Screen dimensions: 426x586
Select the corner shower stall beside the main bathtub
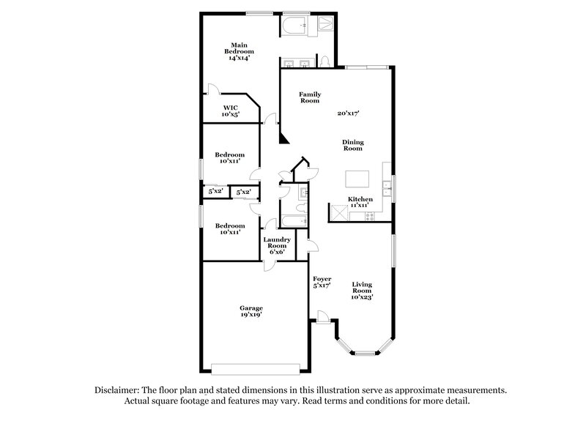pos(322,27)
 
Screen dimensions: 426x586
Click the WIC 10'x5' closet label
pos(231,111)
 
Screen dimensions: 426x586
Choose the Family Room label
pos(309,97)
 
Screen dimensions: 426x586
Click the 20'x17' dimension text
pos(348,113)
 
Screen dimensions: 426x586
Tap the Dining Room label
pos(353,146)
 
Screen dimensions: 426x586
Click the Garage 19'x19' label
pos(251,311)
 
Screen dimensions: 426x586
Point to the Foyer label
pos(322,279)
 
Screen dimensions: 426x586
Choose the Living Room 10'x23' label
pos(362,291)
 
